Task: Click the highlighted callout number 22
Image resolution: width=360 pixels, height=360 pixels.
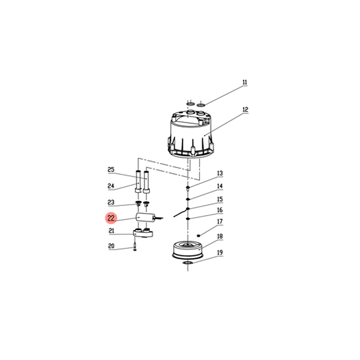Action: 111,218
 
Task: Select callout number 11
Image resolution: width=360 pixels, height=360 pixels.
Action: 245,82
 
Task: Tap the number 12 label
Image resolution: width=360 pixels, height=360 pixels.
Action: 245,110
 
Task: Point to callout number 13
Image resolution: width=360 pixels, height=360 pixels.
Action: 220,173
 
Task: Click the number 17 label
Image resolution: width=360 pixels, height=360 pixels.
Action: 220,221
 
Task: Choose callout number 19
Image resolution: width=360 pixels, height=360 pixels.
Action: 220,252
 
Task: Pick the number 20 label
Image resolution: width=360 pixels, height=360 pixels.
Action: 111,246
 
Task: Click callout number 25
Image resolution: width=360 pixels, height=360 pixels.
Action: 111,170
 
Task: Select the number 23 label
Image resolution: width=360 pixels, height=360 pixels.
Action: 111,202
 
